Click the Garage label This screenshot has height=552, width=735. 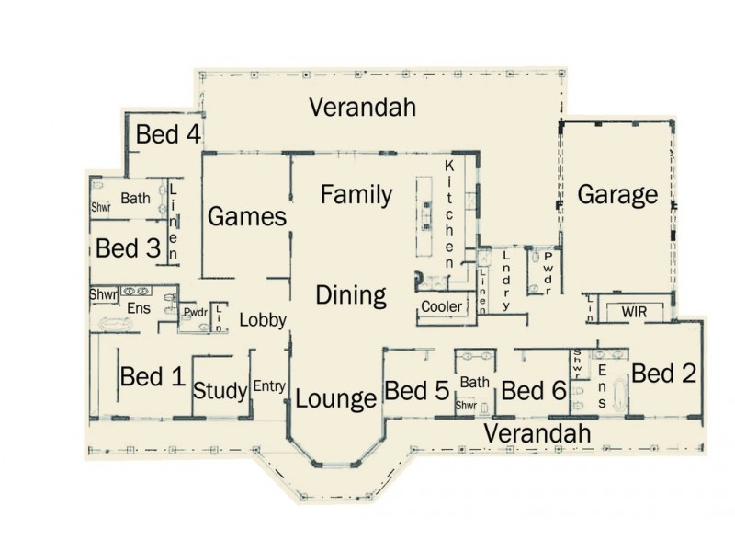[x=617, y=195]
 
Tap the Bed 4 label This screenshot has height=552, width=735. [x=168, y=134]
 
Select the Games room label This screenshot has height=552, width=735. [x=247, y=217]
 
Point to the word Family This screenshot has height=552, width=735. [x=356, y=195]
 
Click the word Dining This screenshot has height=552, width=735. [x=351, y=295]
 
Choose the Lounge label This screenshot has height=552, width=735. [x=335, y=399]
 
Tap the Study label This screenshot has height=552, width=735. [x=220, y=392]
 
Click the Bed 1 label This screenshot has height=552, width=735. [x=153, y=376]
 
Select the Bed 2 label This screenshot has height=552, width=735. [x=664, y=374]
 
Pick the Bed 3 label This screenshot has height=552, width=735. [x=129, y=248]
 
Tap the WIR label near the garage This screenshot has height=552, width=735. [x=634, y=313]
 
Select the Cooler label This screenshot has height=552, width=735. [x=442, y=306]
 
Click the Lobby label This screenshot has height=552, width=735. [x=263, y=320]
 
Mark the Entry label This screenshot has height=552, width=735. [x=269, y=386]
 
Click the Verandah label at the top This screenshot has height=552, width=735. [x=362, y=107]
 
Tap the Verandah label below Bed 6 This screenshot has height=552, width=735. [x=537, y=432]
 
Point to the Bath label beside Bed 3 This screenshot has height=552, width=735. [x=135, y=198]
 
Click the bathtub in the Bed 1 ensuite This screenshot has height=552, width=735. [x=117, y=324]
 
